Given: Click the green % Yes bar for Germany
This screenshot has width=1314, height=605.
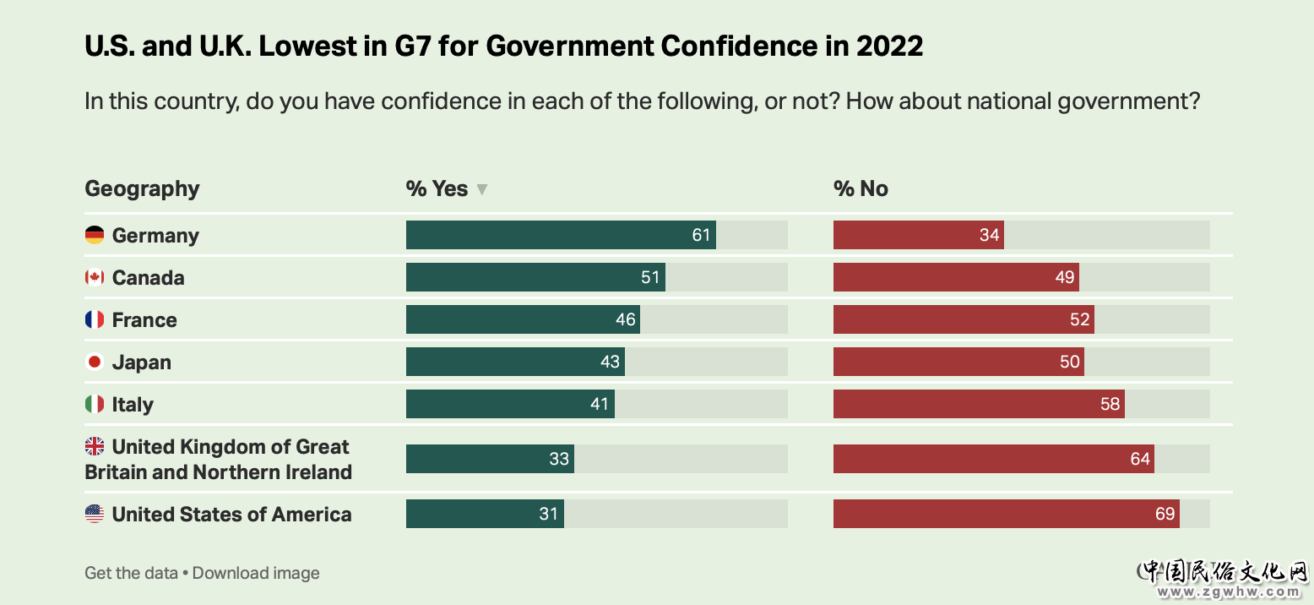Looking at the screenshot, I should point(561,235).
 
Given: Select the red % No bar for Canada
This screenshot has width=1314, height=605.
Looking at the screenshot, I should point(956,277).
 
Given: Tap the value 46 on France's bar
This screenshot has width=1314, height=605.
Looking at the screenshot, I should point(626,320).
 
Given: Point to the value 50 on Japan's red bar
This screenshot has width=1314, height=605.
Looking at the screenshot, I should point(1070,362).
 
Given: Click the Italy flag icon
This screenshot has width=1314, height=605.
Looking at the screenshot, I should point(95,405).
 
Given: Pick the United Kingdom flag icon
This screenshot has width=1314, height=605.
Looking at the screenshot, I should point(95,446).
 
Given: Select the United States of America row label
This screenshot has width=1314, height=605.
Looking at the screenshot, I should point(231,515).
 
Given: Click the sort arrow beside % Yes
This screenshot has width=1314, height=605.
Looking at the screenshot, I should point(482,189).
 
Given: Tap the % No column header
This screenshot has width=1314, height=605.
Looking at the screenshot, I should point(861,188).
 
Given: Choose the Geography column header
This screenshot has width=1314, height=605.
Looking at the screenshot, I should point(142,188).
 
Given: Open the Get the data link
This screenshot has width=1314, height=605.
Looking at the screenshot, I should point(131,573).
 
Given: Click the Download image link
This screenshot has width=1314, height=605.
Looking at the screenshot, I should point(256,573).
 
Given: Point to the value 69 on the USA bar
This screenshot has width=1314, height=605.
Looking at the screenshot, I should point(1165,515).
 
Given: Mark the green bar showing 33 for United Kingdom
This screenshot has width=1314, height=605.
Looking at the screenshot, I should point(490,459).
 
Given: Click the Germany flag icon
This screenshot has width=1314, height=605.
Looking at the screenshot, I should point(95,235).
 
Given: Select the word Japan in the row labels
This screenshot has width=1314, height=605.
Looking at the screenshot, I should point(142,362).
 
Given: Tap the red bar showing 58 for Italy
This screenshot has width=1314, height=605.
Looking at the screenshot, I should point(979,404).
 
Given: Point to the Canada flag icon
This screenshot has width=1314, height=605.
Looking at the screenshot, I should point(95,277).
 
